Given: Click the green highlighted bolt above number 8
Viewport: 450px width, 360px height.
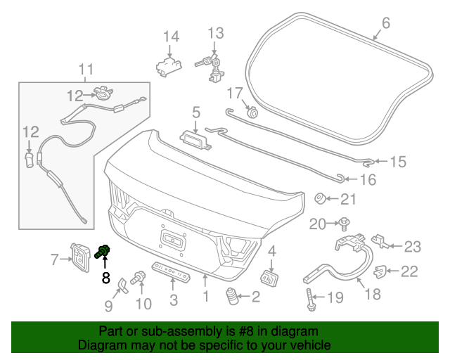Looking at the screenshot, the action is tap(103, 252).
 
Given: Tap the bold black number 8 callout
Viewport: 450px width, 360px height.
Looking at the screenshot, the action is tap(106, 278).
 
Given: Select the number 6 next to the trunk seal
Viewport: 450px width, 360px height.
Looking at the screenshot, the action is tap(386, 23).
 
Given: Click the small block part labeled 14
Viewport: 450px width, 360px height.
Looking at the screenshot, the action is tap(169, 67).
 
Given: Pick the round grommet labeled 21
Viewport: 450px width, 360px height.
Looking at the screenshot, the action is tap(320, 199).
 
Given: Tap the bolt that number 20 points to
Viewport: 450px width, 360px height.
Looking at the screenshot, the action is tap(344, 224).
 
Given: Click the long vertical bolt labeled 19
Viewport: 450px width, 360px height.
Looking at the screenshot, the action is tap(311, 299).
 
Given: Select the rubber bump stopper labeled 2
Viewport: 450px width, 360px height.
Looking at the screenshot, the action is tap(232, 297).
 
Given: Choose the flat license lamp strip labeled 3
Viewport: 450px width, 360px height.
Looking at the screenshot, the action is tap(172, 271).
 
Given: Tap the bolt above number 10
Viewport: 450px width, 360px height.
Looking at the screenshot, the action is tap(139, 278).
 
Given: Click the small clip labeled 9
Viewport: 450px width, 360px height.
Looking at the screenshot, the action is tap(123, 286).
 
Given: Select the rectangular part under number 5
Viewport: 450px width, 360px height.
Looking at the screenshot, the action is tap(195, 140).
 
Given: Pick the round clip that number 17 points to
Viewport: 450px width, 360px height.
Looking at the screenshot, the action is tap(252, 112).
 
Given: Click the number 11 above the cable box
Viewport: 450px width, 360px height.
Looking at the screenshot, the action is tap(86, 69).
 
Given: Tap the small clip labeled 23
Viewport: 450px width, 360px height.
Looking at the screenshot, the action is tap(380, 241).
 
